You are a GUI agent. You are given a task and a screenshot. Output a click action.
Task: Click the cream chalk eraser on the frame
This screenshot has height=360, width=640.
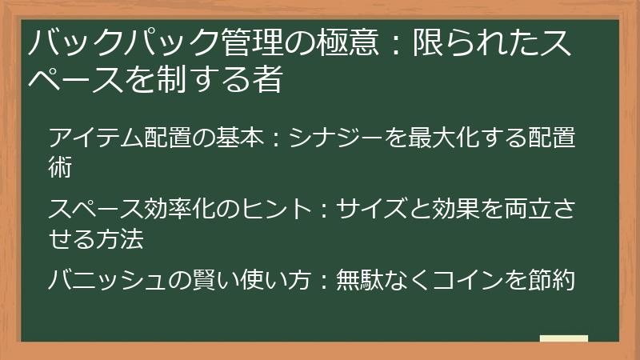(x=564, y=338)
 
